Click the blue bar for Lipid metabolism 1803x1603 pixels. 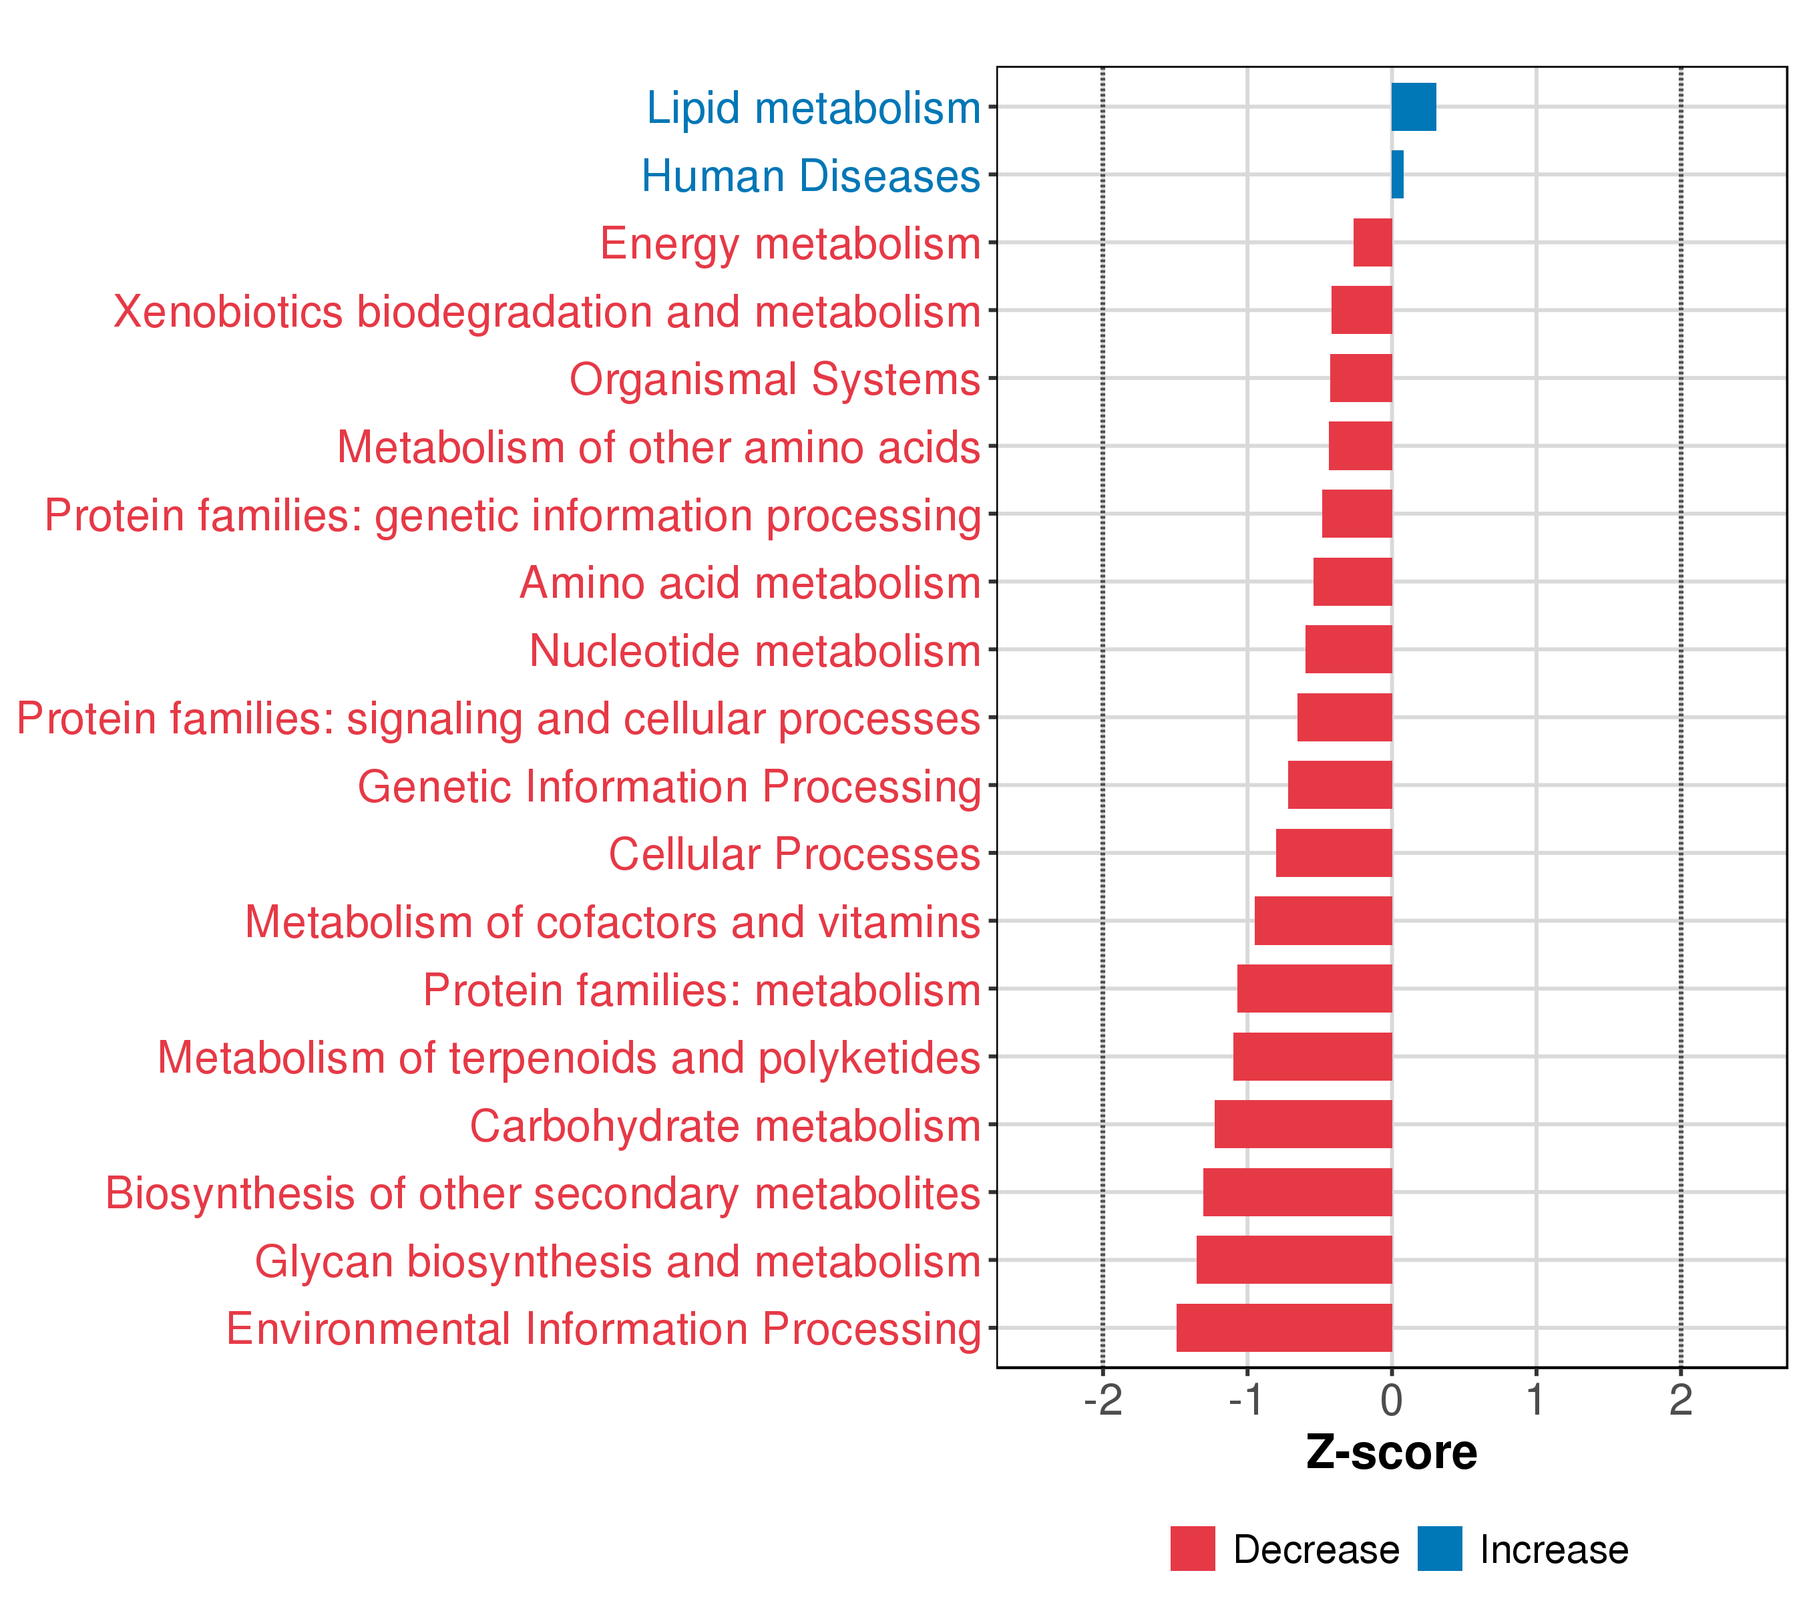pyautogui.click(x=1413, y=107)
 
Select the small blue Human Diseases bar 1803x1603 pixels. pyautogui.click(x=1397, y=175)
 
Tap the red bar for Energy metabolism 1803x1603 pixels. pyautogui.click(x=1372, y=242)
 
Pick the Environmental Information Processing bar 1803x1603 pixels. pyautogui.click(x=1284, y=1328)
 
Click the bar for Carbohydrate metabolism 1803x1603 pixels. pyautogui.click(x=1303, y=1124)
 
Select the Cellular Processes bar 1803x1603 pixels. pyautogui.click(x=1334, y=853)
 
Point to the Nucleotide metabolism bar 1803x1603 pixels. pyautogui.click(x=1349, y=649)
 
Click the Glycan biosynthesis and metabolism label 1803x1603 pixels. pyautogui.click(x=618, y=1262)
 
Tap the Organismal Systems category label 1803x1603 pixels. pyautogui.click(x=775, y=379)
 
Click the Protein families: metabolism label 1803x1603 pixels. pyautogui.click(x=701, y=990)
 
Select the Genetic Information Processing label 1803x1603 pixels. pyautogui.click(x=668, y=787)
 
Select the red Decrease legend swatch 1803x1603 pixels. pyautogui.click(x=1193, y=1549)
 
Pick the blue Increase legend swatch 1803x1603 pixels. pyautogui.click(x=1440, y=1549)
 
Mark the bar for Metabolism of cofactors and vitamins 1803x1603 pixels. pyautogui.click(x=1323, y=921)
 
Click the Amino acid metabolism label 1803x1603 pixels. pyautogui.click(x=750, y=583)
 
